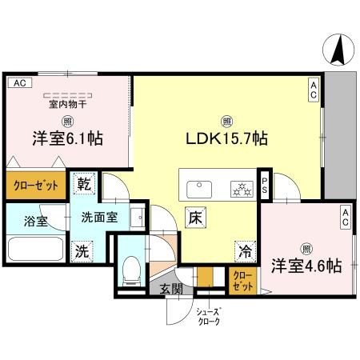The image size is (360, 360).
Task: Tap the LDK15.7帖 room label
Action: [227, 138]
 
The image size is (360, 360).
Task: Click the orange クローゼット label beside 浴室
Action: [35, 186]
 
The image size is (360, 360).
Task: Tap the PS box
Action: [263, 186]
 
